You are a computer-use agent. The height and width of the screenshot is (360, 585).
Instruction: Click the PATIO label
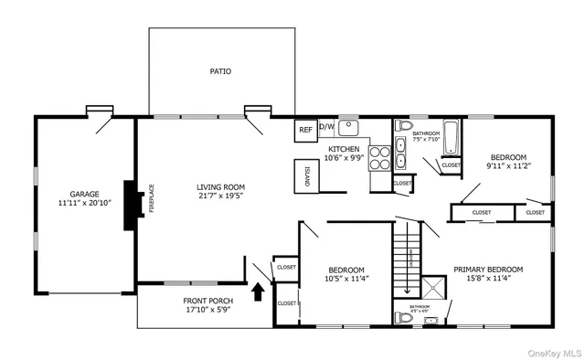tap(219, 70)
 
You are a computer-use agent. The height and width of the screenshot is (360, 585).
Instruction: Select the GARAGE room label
tap(84, 194)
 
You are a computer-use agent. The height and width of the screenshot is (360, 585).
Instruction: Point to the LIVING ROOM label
tap(220, 187)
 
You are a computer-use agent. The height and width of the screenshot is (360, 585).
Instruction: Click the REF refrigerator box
tap(305, 130)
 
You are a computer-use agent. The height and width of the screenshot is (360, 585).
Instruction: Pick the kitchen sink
tap(349, 128)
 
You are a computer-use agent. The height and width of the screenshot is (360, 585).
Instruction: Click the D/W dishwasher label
tap(326, 127)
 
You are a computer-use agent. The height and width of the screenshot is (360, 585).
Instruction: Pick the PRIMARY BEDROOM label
tap(488, 270)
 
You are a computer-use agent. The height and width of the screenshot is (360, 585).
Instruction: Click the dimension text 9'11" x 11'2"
tap(508, 166)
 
